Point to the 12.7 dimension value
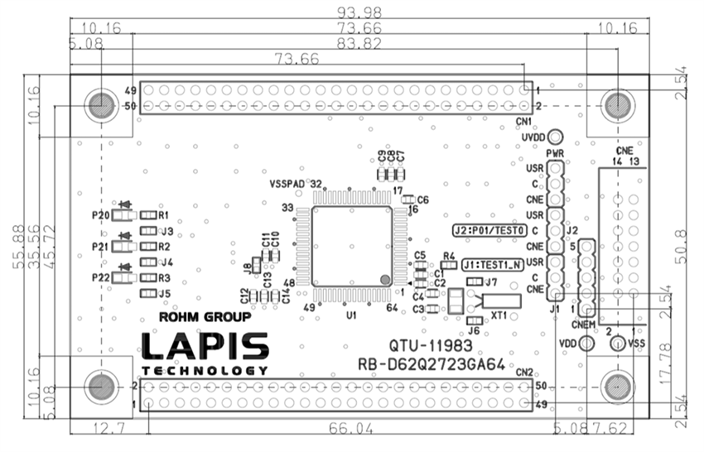pyautogui.click(x=108, y=429)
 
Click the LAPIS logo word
pyautogui.click(x=205, y=347)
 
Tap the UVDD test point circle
pyautogui.click(x=556, y=137)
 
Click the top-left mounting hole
pyautogui.click(x=101, y=105)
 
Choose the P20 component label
pyautogui.click(x=101, y=215)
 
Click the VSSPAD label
pyautogui.click(x=288, y=184)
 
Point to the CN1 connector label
pyautogui.click(x=523, y=121)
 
